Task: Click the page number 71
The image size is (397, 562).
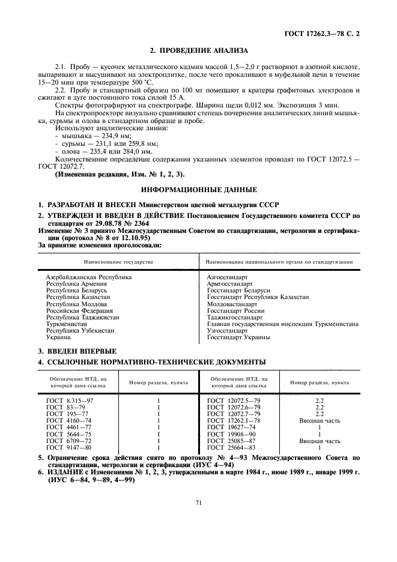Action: pos(198,503)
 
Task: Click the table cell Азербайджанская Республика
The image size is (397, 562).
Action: pos(89,277)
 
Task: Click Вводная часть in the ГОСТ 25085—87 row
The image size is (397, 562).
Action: pos(320,440)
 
